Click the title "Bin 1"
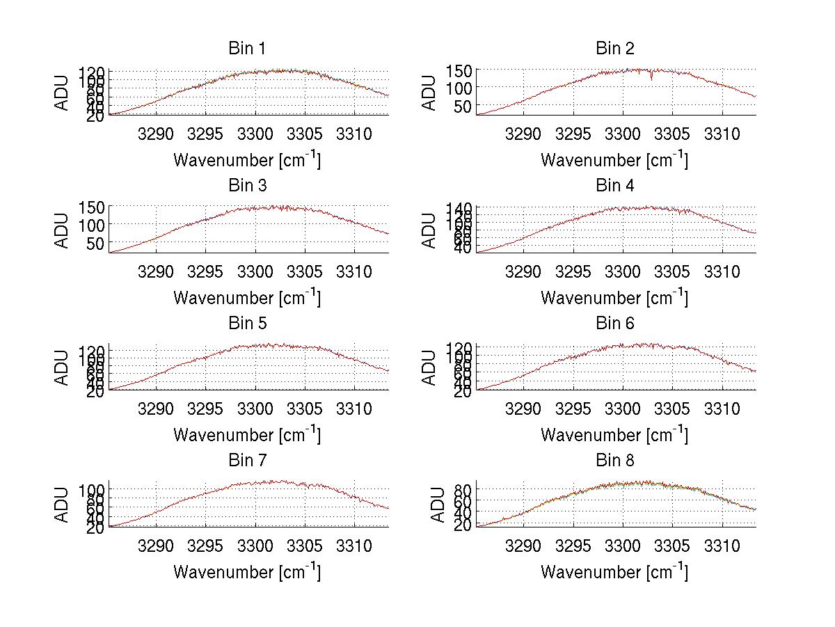pos(246,49)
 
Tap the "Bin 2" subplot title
pos(615,49)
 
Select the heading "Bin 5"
pos(246,324)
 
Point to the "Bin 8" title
pos(615,461)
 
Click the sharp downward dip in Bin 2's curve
pos(651,78)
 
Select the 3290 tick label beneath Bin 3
pos(156,271)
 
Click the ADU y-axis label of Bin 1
pos(63,93)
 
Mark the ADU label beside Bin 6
pos(431,368)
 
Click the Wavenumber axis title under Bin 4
pos(614,298)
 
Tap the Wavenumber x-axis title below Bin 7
pos(247,572)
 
